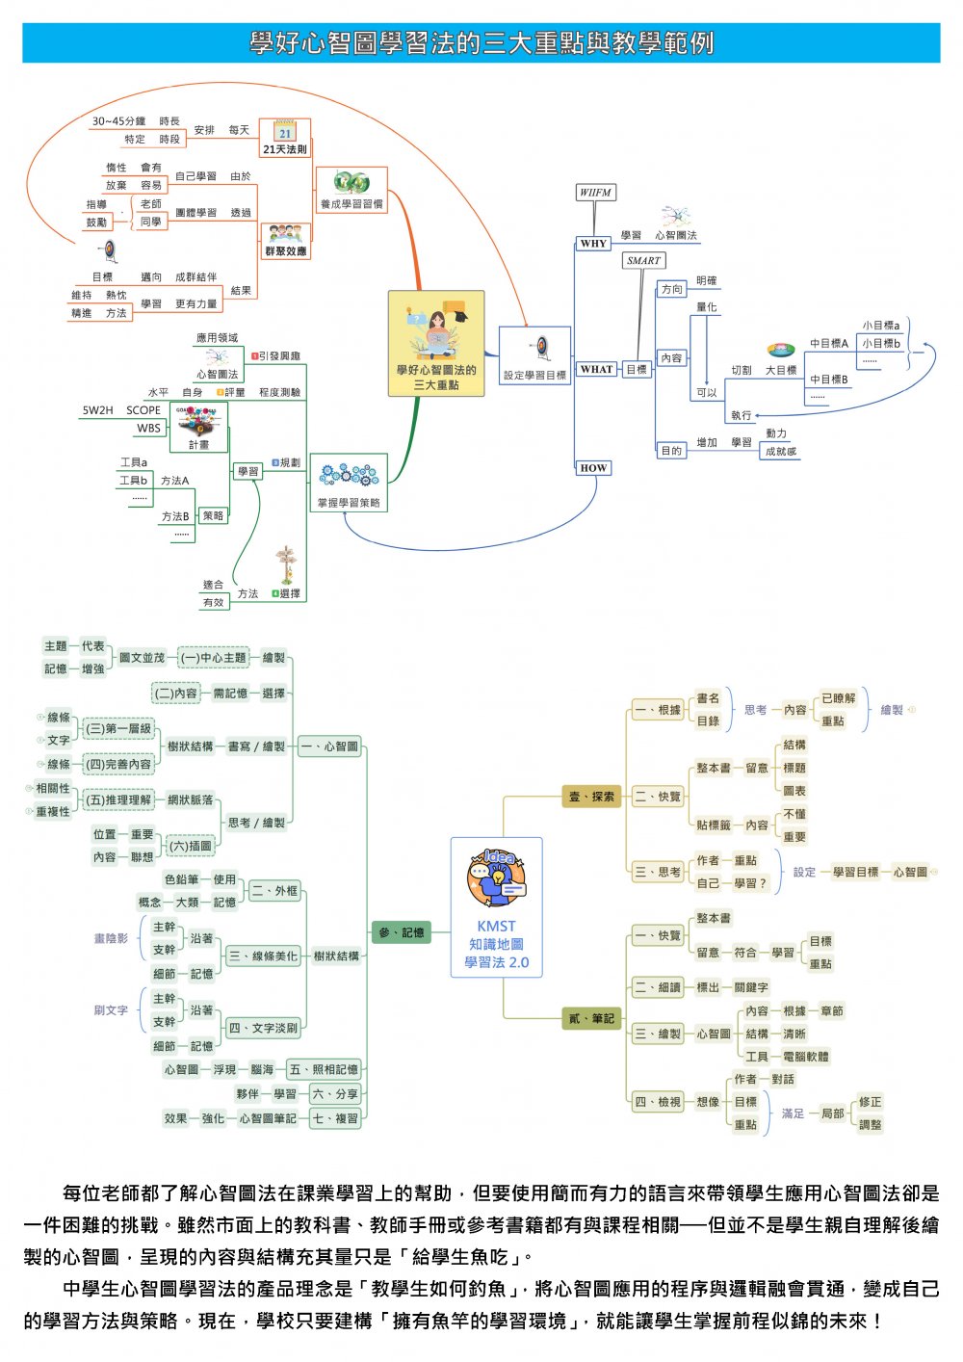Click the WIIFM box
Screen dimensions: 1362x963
click(x=595, y=193)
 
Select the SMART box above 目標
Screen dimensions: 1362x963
click(x=643, y=260)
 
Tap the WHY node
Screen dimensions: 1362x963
click(x=593, y=243)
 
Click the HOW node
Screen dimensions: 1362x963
click(x=593, y=468)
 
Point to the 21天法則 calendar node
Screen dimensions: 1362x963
click(x=285, y=138)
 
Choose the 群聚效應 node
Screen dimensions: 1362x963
click(x=285, y=241)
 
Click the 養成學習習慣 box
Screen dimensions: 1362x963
click(x=351, y=190)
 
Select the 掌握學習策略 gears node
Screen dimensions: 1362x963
click(x=349, y=484)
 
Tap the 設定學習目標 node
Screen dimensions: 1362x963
click(x=535, y=357)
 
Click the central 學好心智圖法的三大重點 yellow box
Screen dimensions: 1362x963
click(x=436, y=344)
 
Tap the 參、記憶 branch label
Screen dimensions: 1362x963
click(x=401, y=932)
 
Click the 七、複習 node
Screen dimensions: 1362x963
click(x=335, y=1118)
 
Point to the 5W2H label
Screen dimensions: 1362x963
click(x=97, y=410)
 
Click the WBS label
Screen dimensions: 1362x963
click(x=148, y=428)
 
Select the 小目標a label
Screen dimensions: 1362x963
click(x=880, y=326)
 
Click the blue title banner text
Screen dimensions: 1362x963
click(x=481, y=43)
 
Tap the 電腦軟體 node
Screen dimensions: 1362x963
click(x=805, y=1057)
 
